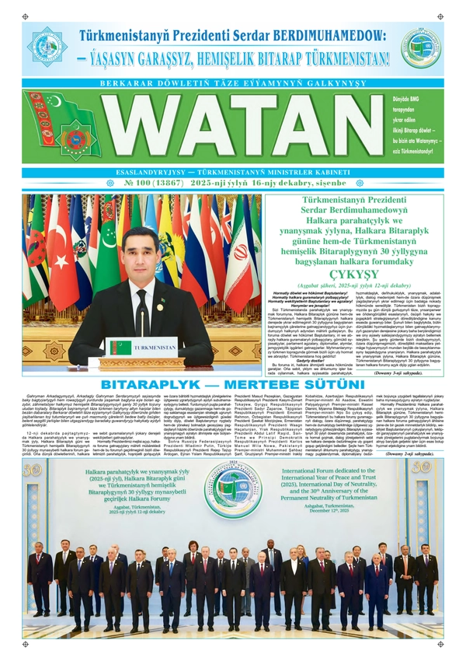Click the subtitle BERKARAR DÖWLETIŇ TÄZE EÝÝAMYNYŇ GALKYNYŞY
click(232, 82)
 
